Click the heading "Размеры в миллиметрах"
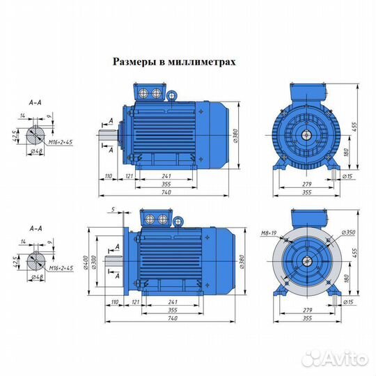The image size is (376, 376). coord(174,61)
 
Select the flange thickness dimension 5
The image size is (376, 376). coord(111,209)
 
